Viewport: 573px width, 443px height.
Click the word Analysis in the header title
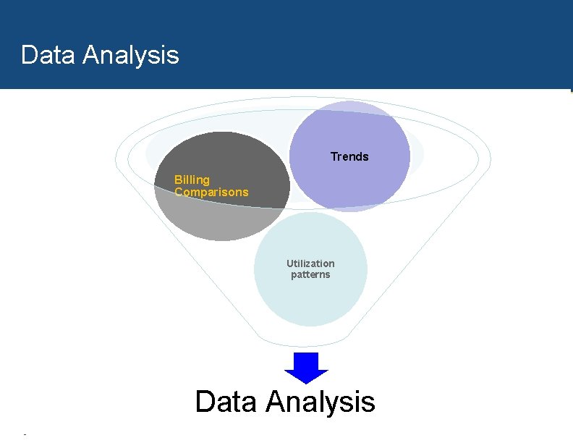(131, 55)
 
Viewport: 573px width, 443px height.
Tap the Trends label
(349, 156)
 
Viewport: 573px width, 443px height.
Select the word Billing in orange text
(192, 180)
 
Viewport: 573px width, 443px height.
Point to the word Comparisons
(211, 193)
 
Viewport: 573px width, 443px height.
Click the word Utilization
(310, 263)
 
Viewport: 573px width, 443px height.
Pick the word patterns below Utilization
(310, 275)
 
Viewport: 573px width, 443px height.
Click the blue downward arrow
(306, 366)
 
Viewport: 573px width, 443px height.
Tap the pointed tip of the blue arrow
(306, 382)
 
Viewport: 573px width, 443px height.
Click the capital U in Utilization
(289, 263)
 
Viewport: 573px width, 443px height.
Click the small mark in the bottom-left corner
(25, 434)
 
